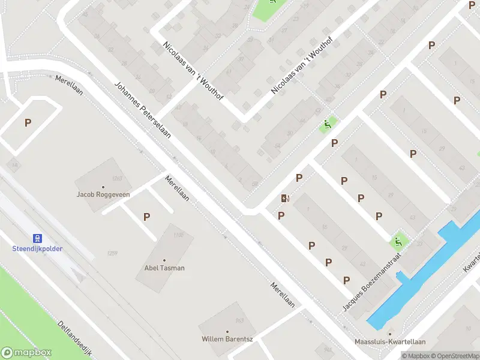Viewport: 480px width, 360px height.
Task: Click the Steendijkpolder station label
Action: pyautogui.click(x=38, y=248)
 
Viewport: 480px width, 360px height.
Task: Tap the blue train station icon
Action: pyautogui.click(x=37, y=238)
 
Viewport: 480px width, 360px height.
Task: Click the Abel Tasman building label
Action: pyautogui.click(x=164, y=268)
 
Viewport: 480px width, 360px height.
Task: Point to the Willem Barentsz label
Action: pyautogui.click(x=227, y=339)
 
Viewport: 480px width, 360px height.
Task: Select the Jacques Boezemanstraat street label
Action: pyautogui.click(x=373, y=281)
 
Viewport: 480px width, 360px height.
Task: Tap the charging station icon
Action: pyautogui.click(x=285, y=198)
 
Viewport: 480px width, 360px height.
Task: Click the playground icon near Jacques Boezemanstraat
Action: pyautogui.click(x=397, y=242)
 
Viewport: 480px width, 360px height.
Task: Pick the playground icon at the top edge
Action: pyautogui.click(x=272, y=2)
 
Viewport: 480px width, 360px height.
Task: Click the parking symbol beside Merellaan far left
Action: pyautogui.click(x=28, y=122)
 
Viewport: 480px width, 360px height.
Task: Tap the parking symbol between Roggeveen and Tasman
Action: pyautogui.click(x=146, y=217)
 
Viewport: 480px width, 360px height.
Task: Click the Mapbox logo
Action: pyautogui.click(x=26, y=353)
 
